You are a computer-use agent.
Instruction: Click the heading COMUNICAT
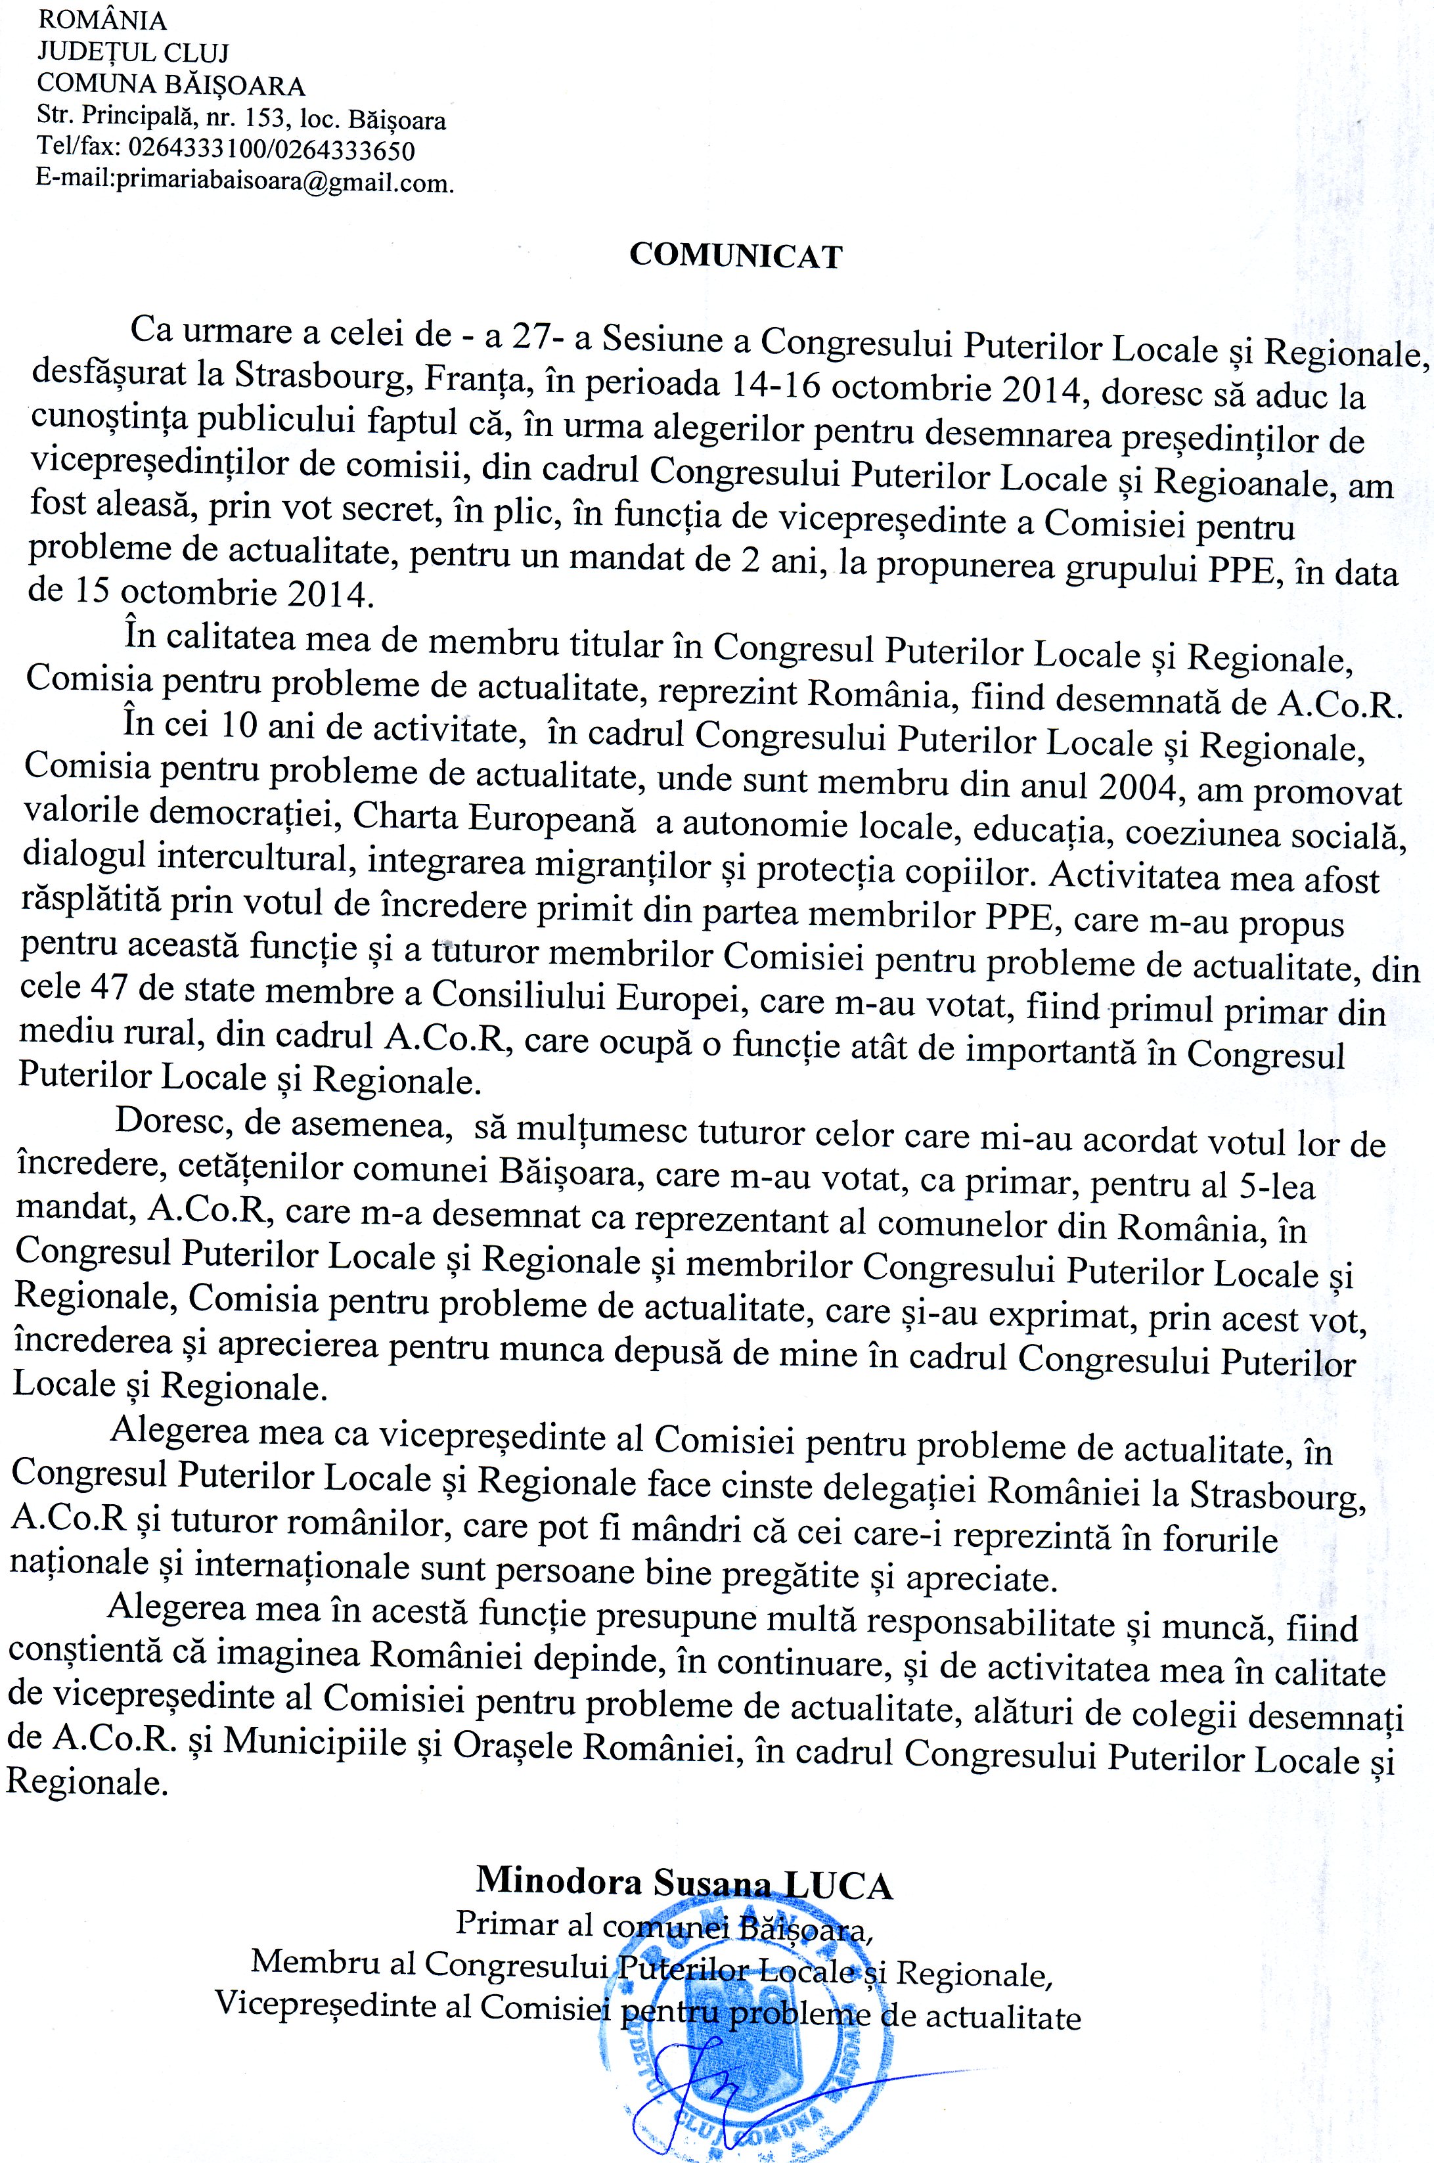click(735, 256)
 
